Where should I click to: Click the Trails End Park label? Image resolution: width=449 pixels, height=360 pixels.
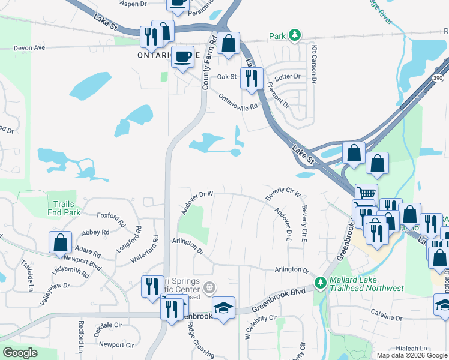point(67,208)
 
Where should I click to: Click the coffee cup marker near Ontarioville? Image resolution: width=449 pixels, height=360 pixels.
point(183,58)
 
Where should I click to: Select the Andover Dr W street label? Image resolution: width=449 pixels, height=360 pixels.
point(197,202)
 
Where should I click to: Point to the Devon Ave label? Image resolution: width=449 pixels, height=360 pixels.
point(29,47)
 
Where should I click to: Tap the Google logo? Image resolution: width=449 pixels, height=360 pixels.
point(20,352)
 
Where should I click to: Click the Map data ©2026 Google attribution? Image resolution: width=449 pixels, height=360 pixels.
point(412,355)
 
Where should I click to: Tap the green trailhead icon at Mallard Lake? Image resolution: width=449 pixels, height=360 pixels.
point(321,281)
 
